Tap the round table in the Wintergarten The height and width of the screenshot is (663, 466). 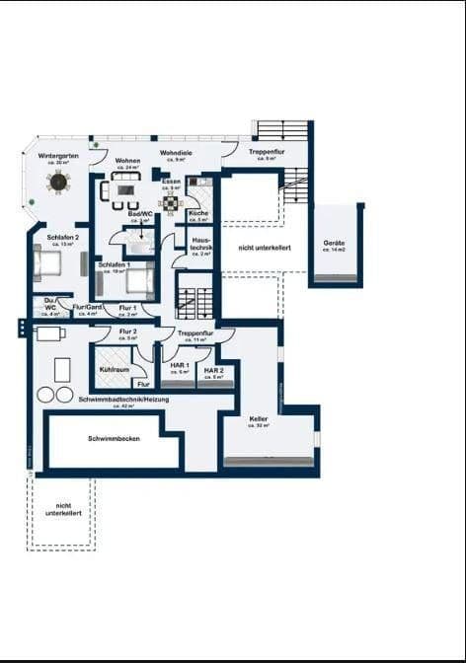(58, 182)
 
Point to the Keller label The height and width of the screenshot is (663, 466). (259, 419)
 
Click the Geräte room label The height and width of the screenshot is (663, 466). (334, 243)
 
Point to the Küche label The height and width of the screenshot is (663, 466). (197, 213)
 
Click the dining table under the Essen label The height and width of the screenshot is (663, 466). (172, 203)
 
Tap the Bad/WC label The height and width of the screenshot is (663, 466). (140, 213)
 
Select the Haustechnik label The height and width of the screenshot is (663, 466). (200, 242)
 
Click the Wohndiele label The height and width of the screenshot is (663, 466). (176, 153)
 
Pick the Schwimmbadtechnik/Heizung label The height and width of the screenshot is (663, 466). (124, 399)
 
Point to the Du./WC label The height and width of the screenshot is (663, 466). (49, 305)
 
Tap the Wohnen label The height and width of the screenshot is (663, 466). (127, 160)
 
